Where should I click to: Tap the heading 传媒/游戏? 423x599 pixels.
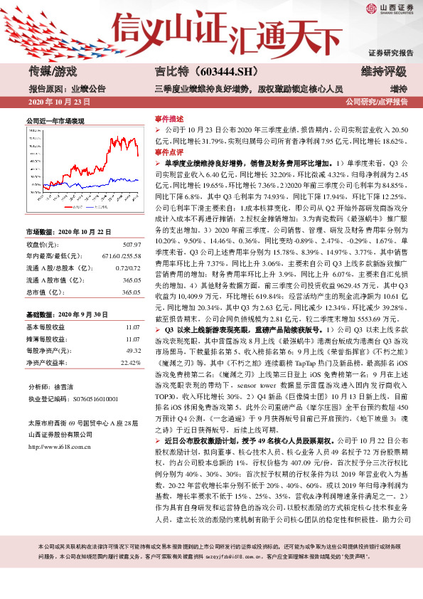(53, 71)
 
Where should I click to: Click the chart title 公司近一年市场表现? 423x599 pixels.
(55, 121)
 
